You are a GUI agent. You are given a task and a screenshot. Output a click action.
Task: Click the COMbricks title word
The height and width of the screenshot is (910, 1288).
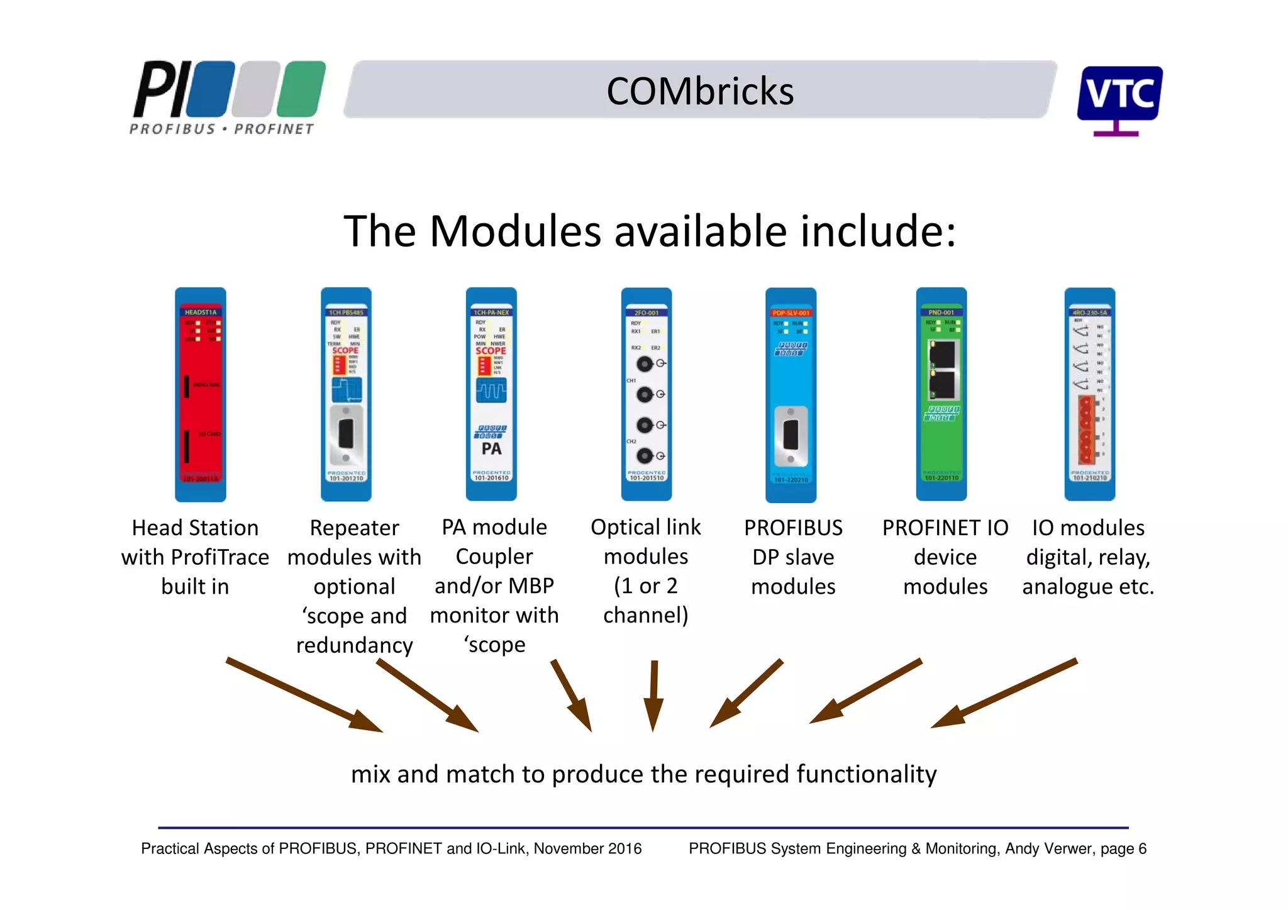[x=699, y=91]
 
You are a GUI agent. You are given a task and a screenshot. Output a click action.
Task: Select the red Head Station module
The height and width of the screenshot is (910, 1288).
[x=200, y=394]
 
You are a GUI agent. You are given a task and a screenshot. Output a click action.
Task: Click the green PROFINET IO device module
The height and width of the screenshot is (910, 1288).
[x=941, y=394]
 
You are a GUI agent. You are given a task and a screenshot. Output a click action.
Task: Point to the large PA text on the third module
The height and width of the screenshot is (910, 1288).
[x=491, y=449]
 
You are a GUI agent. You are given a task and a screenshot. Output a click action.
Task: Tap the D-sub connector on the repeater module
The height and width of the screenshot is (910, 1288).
[x=346, y=434]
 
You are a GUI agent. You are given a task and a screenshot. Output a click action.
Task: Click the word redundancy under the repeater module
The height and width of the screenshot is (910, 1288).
[x=354, y=645]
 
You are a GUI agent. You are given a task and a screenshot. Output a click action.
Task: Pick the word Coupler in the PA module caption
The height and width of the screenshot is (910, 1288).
[x=494, y=557]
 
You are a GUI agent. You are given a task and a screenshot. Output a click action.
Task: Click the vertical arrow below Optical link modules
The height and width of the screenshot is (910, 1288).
[x=653, y=695]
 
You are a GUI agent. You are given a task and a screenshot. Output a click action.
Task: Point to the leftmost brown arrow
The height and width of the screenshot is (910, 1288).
[x=305, y=696]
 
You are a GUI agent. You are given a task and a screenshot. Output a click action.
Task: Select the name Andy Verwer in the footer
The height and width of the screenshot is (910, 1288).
[x=1047, y=849]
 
